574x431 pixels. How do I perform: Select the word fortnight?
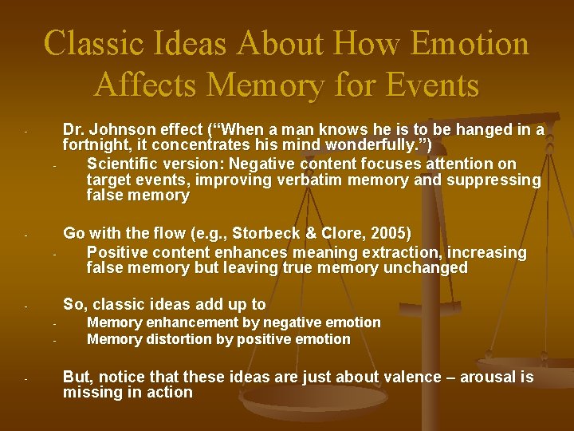pyautogui.click(x=96, y=146)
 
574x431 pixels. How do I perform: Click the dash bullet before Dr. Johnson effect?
pyautogui.click(x=26, y=131)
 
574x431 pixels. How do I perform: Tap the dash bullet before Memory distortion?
pyautogui.click(x=50, y=341)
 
